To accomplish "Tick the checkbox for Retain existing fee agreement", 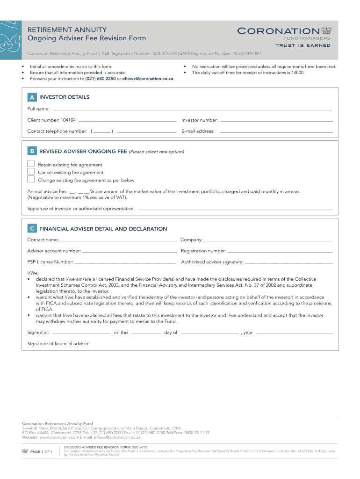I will pyautogui.click(x=31, y=164).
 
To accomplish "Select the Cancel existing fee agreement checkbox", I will pyautogui.click(x=31, y=172).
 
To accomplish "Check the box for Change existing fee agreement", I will pyautogui.click(x=31, y=179).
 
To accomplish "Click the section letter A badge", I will pyautogui.click(x=32, y=97).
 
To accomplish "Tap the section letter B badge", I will pyautogui.click(x=32, y=151).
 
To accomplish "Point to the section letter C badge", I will pyautogui.click(x=32, y=229).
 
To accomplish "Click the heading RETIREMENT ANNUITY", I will pyautogui.click(x=67, y=29).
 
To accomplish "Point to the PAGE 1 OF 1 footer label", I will pyautogui.click(x=41, y=452).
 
